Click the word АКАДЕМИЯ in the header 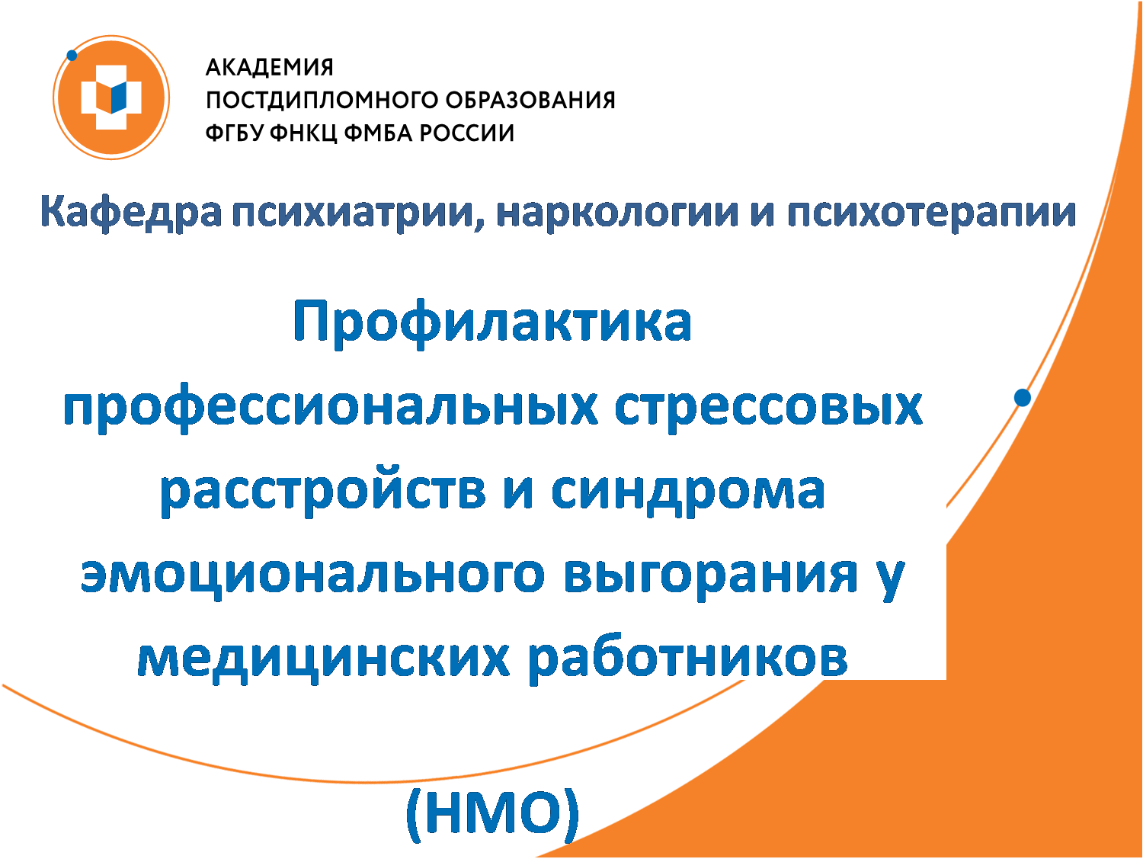(269, 67)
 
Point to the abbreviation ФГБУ (237, 133)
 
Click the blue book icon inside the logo (119, 98)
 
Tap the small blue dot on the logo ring (72, 55)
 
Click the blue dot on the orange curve (1022, 398)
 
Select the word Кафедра (131, 213)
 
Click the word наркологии (617, 213)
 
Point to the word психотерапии (931, 213)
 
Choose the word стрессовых (768, 408)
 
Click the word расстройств (323, 491)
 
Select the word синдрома (687, 491)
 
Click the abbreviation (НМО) (492, 816)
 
